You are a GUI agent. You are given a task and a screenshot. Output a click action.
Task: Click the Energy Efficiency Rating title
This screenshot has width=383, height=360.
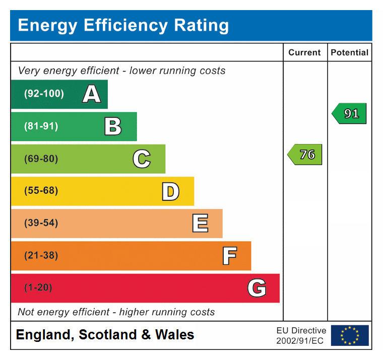pos(123,25)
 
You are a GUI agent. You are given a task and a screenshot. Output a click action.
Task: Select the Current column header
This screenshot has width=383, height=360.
pos(304,52)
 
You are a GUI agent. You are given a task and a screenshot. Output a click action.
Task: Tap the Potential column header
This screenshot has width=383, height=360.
pos(349,52)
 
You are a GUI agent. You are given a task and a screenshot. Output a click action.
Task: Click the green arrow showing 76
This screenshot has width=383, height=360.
pos(305,155)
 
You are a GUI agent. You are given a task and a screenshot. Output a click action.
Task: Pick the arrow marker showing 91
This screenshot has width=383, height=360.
pos(349,114)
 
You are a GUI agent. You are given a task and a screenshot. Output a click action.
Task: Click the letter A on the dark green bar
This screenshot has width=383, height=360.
pos(91,94)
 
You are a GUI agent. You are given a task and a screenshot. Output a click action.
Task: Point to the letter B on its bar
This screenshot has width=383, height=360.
pos(113,126)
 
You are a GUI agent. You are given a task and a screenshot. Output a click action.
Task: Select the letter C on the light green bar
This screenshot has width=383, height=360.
pos(142,159)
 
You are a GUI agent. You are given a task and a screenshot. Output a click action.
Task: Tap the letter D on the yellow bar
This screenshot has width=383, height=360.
pos(170,191)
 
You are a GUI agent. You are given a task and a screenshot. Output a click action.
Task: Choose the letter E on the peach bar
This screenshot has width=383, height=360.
pos(200,224)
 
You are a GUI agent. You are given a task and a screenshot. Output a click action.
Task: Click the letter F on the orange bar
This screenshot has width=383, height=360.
pos(229,256)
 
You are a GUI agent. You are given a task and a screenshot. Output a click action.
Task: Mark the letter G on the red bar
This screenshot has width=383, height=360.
pos(257,288)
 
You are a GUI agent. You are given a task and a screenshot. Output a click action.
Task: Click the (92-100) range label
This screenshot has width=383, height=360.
pos(44,94)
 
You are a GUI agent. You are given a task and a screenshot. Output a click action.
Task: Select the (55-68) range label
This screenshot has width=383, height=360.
pos(41,191)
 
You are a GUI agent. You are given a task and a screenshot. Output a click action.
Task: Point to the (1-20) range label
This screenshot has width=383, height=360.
pos(38,288)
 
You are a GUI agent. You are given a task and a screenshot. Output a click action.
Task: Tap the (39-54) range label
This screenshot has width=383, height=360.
pos(41,224)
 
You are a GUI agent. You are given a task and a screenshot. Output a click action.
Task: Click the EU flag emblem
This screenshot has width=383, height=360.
pos(350,335)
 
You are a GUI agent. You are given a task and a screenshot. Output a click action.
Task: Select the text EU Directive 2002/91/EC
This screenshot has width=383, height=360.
pos(301,336)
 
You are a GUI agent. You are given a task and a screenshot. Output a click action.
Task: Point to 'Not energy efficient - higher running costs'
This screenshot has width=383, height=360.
pos(116,312)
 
